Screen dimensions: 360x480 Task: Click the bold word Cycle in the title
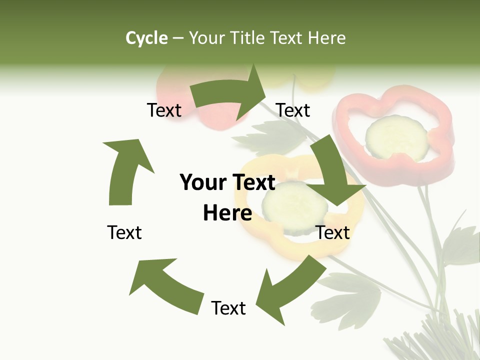tap(146, 38)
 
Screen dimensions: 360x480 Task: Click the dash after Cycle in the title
tap(178, 38)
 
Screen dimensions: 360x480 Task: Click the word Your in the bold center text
tap(202, 183)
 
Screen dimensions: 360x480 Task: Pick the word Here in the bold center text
tap(227, 213)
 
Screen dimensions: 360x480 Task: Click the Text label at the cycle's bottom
tap(228, 308)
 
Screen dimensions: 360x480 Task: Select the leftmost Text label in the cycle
tap(124, 232)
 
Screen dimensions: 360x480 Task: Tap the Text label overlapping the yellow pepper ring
tap(333, 232)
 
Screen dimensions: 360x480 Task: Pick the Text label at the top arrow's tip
tap(293, 110)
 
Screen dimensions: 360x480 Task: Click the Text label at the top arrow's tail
tap(164, 110)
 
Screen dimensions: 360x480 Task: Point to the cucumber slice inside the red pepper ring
tap(396, 136)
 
